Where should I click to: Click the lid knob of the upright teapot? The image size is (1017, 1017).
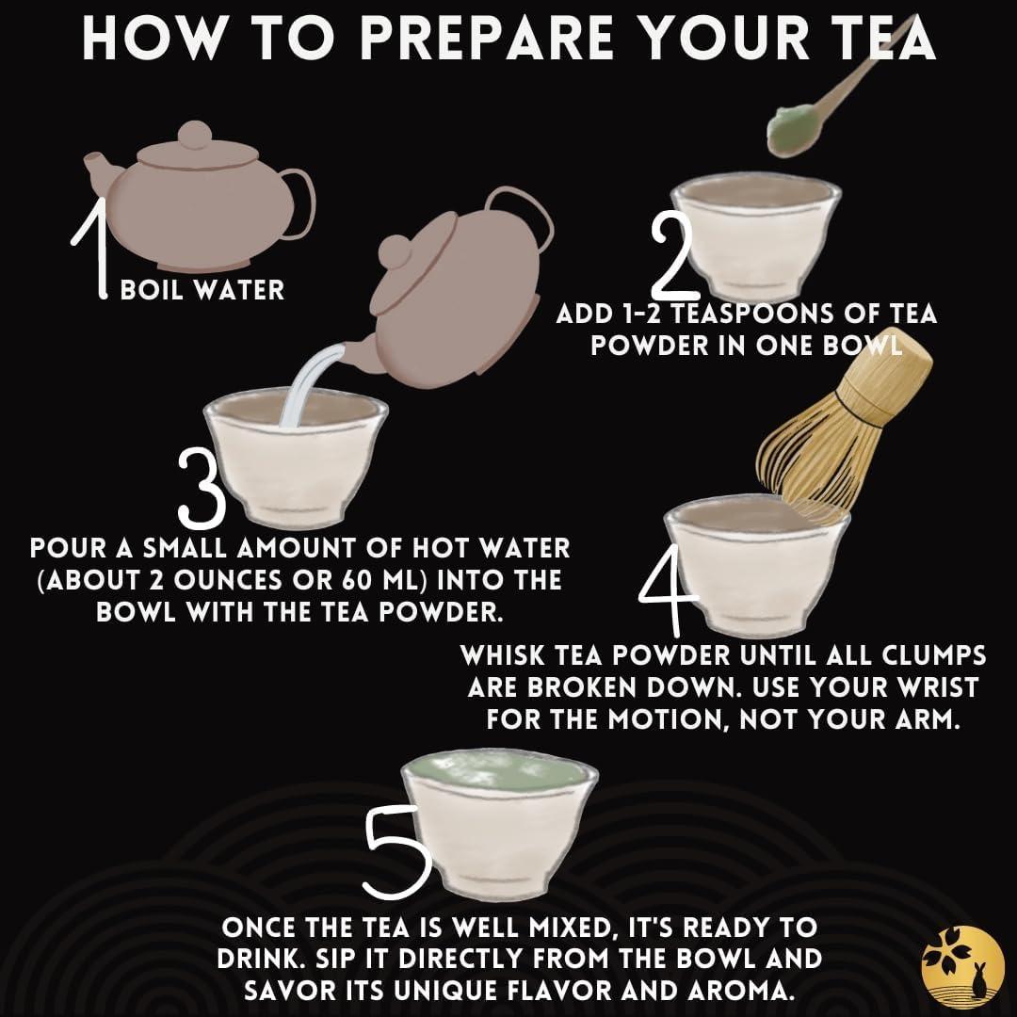click(195, 135)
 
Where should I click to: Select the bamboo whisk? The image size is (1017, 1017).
click(843, 428)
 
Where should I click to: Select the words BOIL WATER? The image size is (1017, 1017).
click(202, 290)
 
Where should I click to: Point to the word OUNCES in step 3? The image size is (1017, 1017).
click(230, 580)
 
